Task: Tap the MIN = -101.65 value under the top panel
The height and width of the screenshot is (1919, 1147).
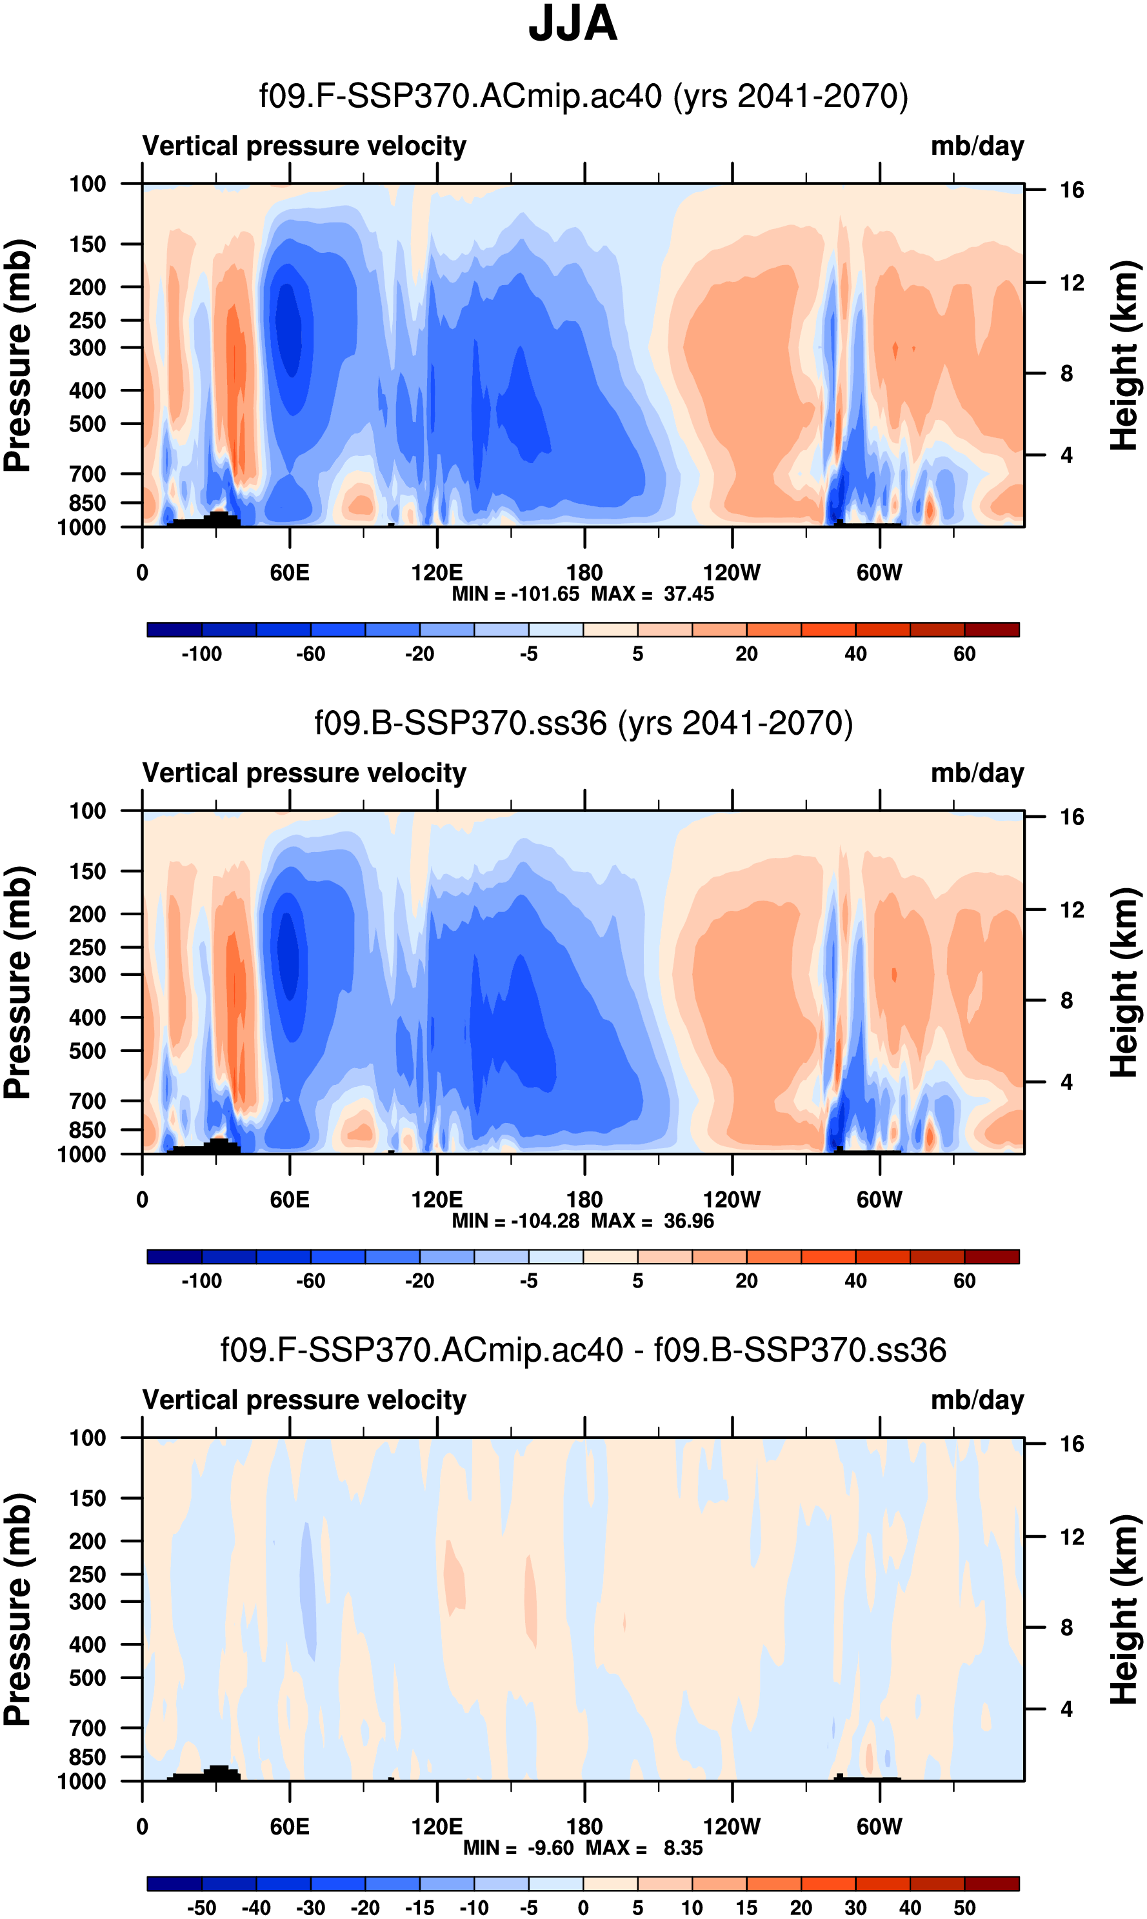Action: tap(515, 594)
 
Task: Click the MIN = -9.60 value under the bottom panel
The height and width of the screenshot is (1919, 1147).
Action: tap(519, 1848)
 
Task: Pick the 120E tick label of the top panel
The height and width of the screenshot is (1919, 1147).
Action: tap(437, 573)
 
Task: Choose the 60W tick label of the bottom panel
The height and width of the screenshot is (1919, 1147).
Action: tap(879, 1826)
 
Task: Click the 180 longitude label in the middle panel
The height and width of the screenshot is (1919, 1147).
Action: tap(584, 1200)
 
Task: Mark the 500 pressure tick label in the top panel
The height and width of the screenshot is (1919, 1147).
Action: tap(87, 424)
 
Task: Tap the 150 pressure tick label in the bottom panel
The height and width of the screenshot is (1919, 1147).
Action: tap(87, 1498)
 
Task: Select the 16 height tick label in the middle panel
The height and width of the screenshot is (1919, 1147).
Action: tap(1072, 817)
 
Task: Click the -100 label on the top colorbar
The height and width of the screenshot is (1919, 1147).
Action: tap(202, 654)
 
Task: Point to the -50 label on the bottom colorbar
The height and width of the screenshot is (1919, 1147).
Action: tap(202, 1907)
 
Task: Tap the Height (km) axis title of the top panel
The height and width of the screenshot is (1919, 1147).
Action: tap(1125, 355)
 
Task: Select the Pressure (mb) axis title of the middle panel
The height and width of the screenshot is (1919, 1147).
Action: tap(17, 982)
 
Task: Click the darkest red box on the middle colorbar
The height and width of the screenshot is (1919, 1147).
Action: tap(992, 1256)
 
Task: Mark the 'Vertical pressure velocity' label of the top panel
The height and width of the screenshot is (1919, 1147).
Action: tap(304, 146)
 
